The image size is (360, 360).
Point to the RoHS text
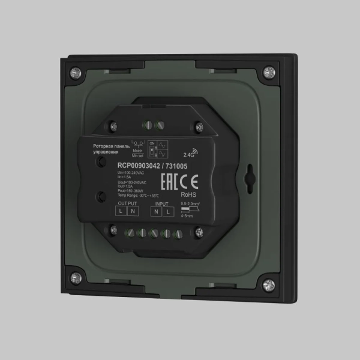pyautogui.click(x=188, y=194)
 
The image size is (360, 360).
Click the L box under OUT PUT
pyautogui.click(x=121, y=212)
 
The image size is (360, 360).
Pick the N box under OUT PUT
pyautogui.click(x=133, y=212)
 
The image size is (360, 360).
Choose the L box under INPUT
pyautogui.click(x=167, y=212)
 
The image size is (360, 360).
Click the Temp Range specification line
pyautogui.click(x=139, y=195)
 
